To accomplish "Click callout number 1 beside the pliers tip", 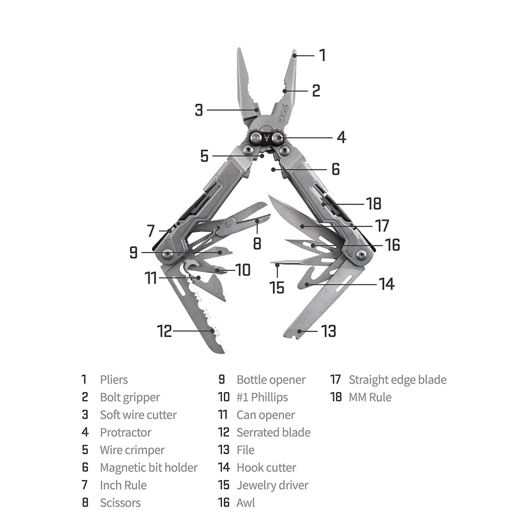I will coord(322,55).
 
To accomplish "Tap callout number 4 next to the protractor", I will coord(341,137).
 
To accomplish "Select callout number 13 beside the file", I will coord(329,331).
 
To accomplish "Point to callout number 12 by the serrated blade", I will coord(164,331).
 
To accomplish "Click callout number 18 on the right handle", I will coord(374,203).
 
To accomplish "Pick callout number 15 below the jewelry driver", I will coord(277,287).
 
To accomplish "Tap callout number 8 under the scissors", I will coord(257,244).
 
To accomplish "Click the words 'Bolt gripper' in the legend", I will coord(130,397).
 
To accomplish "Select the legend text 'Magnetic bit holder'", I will coord(148,467).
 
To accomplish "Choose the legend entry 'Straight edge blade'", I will coord(397,380).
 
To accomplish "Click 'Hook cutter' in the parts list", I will coord(266,467).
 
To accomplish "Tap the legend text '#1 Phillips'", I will coord(262,397).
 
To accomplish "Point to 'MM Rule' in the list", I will coord(370,397).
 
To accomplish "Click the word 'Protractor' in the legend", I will coord(125,433).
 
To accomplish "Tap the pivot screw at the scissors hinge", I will coord(229,222).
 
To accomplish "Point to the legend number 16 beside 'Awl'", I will coord(224,503).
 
